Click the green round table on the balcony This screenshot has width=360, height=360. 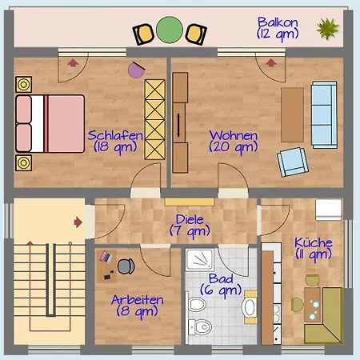pos(170,30)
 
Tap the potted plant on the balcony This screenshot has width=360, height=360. pos(328,29)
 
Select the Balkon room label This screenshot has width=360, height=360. pos(278,29)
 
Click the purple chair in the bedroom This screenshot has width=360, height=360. pos(136,70)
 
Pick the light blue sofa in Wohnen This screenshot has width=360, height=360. pos(324,115)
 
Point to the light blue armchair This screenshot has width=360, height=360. pos(293,162)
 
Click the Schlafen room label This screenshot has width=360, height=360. pos(115,142)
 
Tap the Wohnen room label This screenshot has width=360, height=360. pos(234,142)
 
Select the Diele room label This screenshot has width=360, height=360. pos(190,226)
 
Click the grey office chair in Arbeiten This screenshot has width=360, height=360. pos(126,266)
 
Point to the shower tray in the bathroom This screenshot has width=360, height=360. pos(200,259)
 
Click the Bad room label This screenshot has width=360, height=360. pos(221,285)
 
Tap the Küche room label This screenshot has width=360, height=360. pos(314,249)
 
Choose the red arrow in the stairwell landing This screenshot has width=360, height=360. pos(78,222)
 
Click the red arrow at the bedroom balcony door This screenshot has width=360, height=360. pos(73,63)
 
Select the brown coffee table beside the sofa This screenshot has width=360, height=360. pos(292,115)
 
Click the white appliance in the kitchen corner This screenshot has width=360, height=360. pos(329,210)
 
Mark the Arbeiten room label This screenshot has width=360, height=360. pos(138,306)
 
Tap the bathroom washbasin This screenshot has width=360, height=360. pos(250,307)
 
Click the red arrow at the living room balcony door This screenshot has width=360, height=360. pos(271,63)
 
